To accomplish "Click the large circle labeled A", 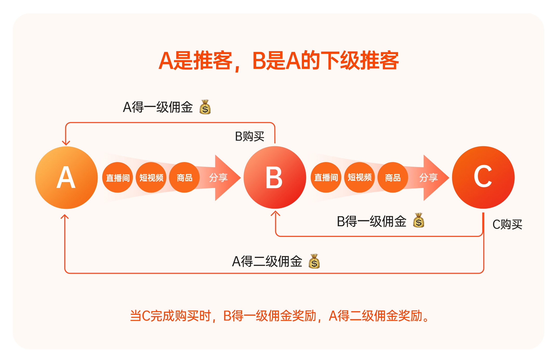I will (66, 178).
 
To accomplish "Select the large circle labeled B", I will (275, 178).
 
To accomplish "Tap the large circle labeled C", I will (483, 178).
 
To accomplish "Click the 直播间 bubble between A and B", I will (118, 178).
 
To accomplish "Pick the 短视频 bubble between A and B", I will (151, 178).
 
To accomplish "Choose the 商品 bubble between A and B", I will (184, 178).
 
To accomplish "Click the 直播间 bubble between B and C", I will (326, 178).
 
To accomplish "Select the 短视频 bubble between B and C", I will (360, 178).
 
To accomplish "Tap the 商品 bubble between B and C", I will (393, 178).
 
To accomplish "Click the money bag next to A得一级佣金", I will (205, 107).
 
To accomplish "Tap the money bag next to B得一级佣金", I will (419, 221).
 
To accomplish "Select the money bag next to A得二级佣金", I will (314, 261).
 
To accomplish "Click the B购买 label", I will (249, 136).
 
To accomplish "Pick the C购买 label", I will (507, 224).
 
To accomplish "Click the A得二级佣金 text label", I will (267, 261).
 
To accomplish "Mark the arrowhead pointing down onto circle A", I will (66, 143).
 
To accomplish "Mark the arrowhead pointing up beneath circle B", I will (275, 214).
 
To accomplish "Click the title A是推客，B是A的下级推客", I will (279, 61).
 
